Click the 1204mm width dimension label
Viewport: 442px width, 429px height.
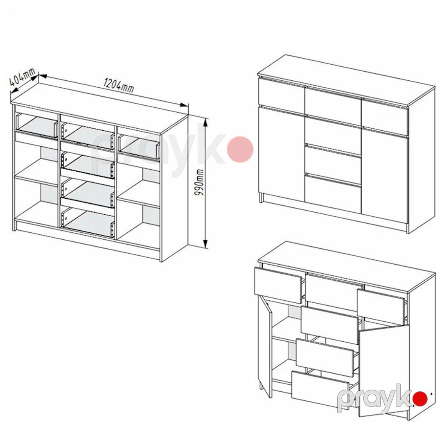pos(119,85)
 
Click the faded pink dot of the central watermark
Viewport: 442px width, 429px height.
pos(240,150)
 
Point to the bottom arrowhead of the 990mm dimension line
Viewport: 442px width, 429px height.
pos(206,243)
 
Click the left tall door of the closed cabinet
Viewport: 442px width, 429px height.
pos(282,153)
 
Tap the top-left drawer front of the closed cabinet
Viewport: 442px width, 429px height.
pos(282,93)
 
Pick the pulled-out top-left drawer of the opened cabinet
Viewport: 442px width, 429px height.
pos(278,285)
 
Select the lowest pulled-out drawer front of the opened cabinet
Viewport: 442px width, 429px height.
pos(320,390)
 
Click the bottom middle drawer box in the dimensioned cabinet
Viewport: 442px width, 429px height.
pos(88,222)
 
